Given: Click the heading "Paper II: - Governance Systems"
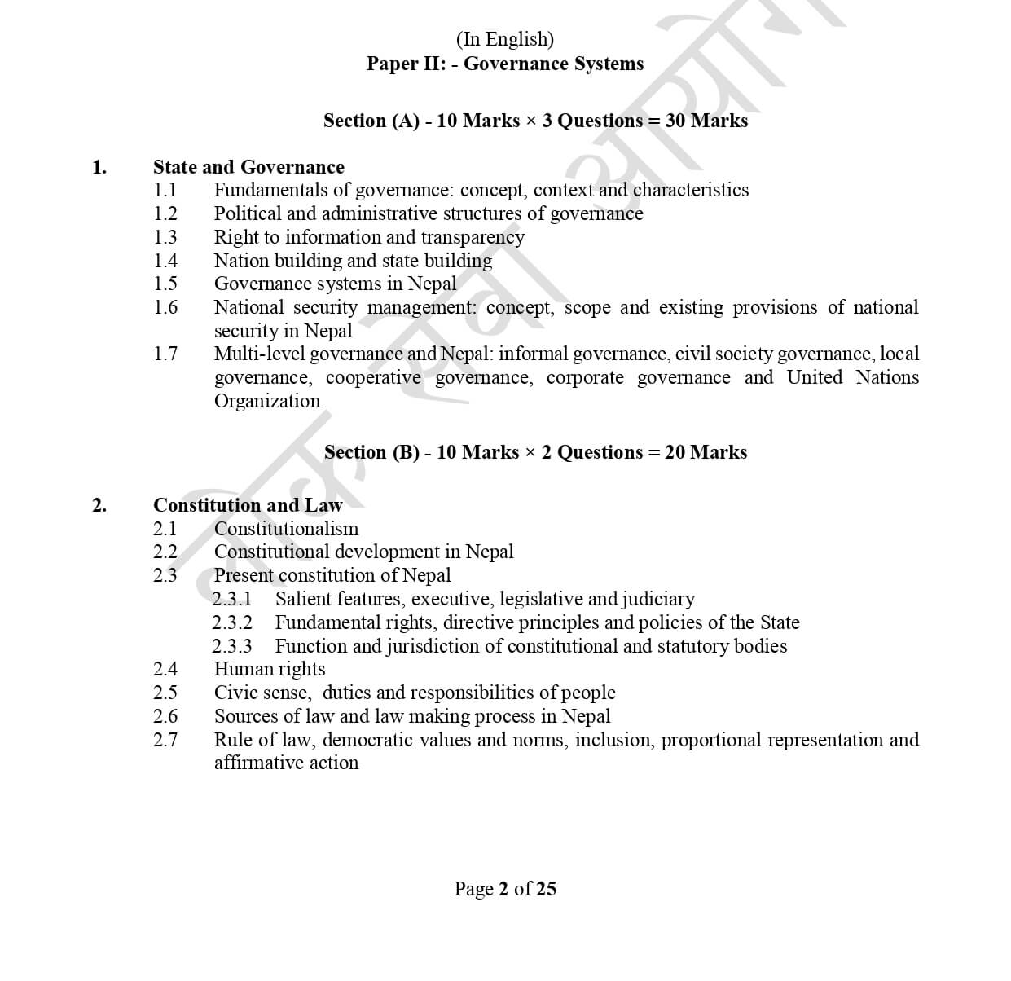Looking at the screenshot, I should tap(505, 64).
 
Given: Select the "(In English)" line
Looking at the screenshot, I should tap(505, 39).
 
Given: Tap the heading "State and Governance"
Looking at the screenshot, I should tap(248, 167).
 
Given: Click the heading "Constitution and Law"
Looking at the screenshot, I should tap(248, 505).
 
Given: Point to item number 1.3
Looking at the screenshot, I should tap(165, 237).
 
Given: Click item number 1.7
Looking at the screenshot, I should tap(165, 354).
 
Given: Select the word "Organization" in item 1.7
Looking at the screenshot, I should tap(267, 401).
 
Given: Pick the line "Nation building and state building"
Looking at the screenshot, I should tap(353, 261).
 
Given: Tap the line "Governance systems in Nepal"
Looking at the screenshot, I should tap(335, 284).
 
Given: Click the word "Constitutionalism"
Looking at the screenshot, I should tap(286, 529).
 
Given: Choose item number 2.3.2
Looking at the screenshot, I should tap(232, 622).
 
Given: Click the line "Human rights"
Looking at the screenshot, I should tap(270, 669).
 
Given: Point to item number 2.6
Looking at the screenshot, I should tap(165, 716).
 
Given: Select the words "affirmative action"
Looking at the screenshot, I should tap(286, 763).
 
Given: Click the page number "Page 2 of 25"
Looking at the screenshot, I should tap(505, 888).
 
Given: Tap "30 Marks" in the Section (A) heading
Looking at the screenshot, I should tap(706, 121).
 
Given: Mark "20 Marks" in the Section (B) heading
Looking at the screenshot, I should tap(706, 452).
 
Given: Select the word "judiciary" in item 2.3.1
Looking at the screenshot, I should tap(658, 599).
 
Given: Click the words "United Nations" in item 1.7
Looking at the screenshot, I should tap(852, 377).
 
